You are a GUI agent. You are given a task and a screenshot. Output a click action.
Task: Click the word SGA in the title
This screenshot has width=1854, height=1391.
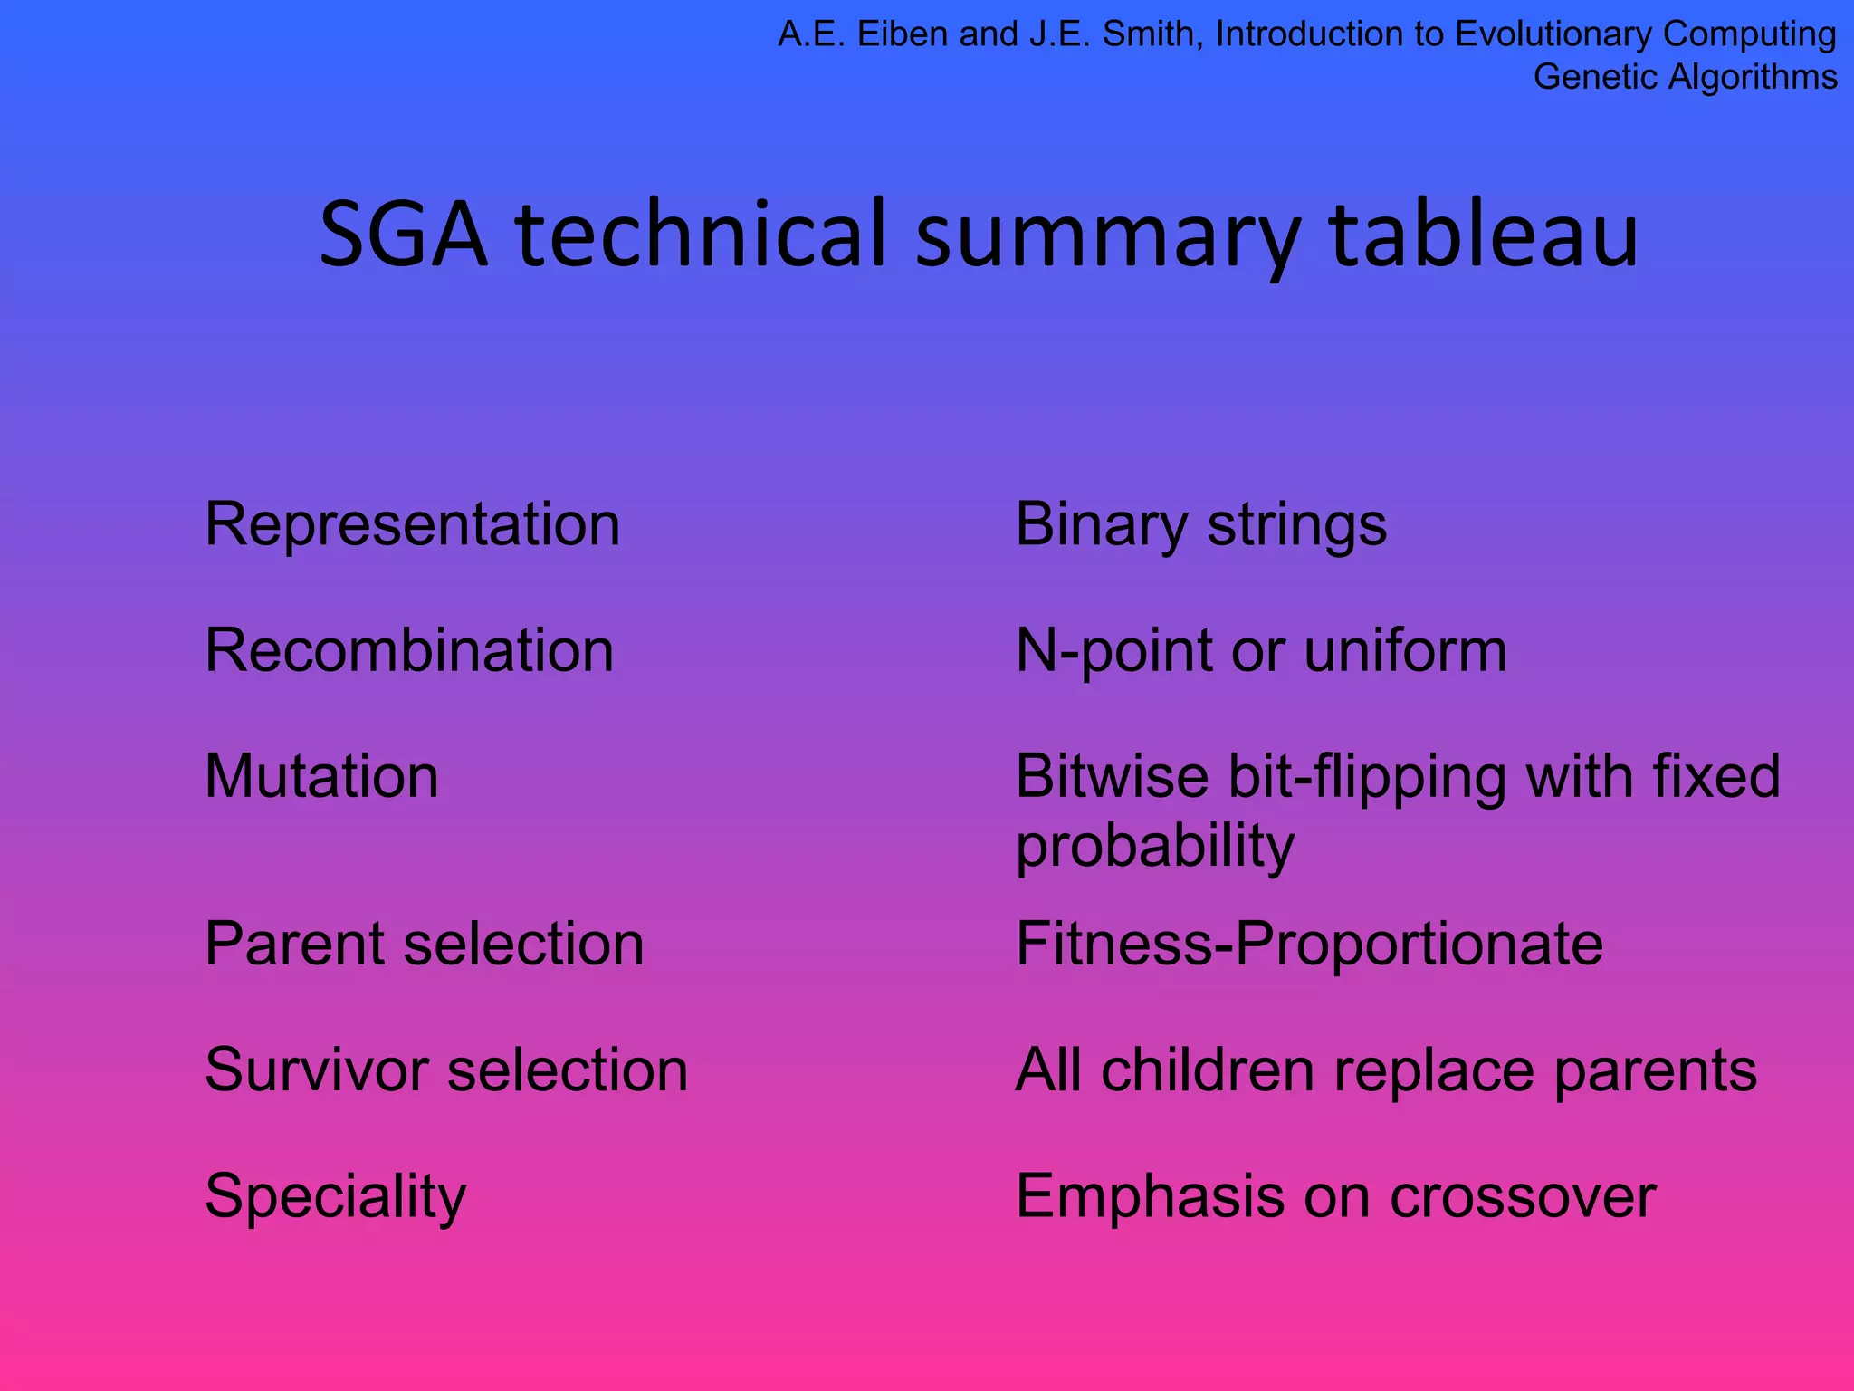(404, 235)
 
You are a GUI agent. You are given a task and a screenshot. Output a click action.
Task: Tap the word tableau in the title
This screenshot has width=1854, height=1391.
(1484, 235)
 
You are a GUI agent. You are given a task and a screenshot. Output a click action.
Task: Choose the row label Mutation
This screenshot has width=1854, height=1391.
(321, 776)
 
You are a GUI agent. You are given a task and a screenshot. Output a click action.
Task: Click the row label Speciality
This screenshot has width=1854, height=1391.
(336, 1196)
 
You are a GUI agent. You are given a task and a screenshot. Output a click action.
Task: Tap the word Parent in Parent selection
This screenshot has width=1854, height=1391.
(294, 944)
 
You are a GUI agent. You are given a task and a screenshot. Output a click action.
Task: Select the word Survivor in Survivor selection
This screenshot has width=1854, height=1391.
(316, 1070)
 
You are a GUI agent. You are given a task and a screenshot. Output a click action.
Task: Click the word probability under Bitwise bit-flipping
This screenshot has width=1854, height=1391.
(1155, 846)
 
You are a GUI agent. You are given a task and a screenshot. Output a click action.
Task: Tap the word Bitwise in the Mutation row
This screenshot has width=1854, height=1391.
(1112, 776)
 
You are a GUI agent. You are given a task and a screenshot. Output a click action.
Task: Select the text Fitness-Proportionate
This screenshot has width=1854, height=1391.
(1309, 944)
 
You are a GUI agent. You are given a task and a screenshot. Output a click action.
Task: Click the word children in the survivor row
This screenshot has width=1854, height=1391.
(1208, 1070)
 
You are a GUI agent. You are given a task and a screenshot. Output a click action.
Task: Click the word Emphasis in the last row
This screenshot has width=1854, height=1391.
(1150, 1196)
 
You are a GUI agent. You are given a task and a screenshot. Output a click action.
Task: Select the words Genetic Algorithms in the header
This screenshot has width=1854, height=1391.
(1685, 77)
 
